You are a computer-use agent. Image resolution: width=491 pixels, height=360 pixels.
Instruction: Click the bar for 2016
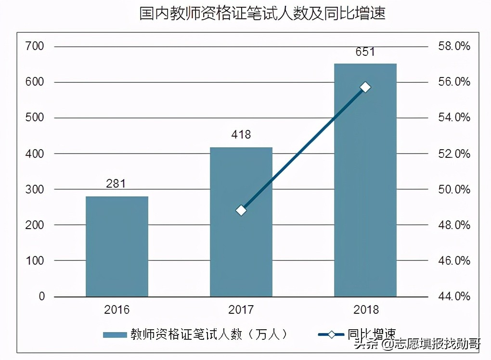(117, 246)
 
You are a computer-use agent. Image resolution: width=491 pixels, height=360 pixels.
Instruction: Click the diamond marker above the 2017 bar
(241, 210)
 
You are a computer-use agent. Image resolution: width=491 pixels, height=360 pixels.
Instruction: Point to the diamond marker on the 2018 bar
(365, 87)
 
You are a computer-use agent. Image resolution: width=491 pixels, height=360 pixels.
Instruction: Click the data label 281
(116, 183)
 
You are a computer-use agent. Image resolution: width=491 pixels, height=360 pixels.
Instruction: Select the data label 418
(241, 135)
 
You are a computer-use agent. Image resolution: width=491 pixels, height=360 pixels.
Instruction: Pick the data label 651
(365, 51)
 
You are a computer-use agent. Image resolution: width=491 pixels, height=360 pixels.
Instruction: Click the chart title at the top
(262, 13)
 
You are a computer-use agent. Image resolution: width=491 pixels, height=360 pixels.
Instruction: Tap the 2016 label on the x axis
(117, 309)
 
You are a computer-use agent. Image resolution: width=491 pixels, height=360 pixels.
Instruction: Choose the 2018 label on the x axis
(365, 309)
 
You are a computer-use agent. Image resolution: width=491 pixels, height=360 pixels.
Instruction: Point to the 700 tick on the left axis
(35, 47)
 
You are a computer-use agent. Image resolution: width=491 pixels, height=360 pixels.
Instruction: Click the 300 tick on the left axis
(35, 190)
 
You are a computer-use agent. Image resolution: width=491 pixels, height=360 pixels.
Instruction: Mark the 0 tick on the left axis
(41, 296)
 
